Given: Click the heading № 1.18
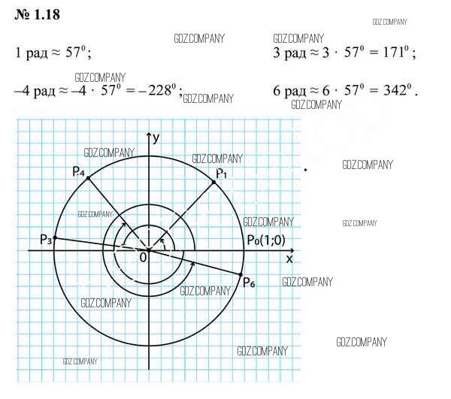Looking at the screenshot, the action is (x=37, y=14).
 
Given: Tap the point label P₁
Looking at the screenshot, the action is (x=222, y=174).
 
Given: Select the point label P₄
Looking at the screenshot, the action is (x=78, y=172).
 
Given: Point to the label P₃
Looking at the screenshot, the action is (x=46, y=239).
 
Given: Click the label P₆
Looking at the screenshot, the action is (x=249, y=283).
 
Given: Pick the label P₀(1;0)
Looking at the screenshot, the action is (x=266, y=240).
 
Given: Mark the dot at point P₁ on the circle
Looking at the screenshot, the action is (x=213, y=182).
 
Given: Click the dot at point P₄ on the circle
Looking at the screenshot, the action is (x=88, y=178).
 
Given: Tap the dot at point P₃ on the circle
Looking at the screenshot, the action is (x=55, y=237).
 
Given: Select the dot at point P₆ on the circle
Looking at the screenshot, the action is (x=241, y=275).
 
